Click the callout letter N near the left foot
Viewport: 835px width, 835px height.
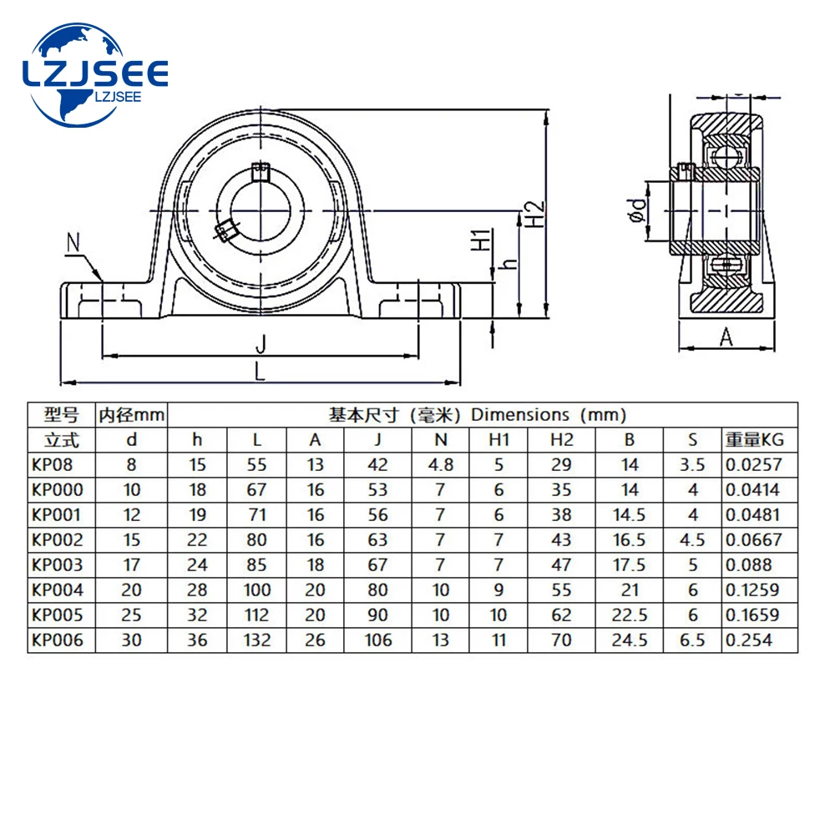(x=73, y=244)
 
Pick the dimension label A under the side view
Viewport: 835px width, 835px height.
(x=726, y=337)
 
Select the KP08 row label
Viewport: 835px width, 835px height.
(x=51, y=464)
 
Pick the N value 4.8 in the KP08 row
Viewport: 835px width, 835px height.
(x=441, y=464)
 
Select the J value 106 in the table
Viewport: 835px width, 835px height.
(x=378, y=640)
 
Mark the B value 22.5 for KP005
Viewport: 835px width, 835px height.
(x=630, y=615)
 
